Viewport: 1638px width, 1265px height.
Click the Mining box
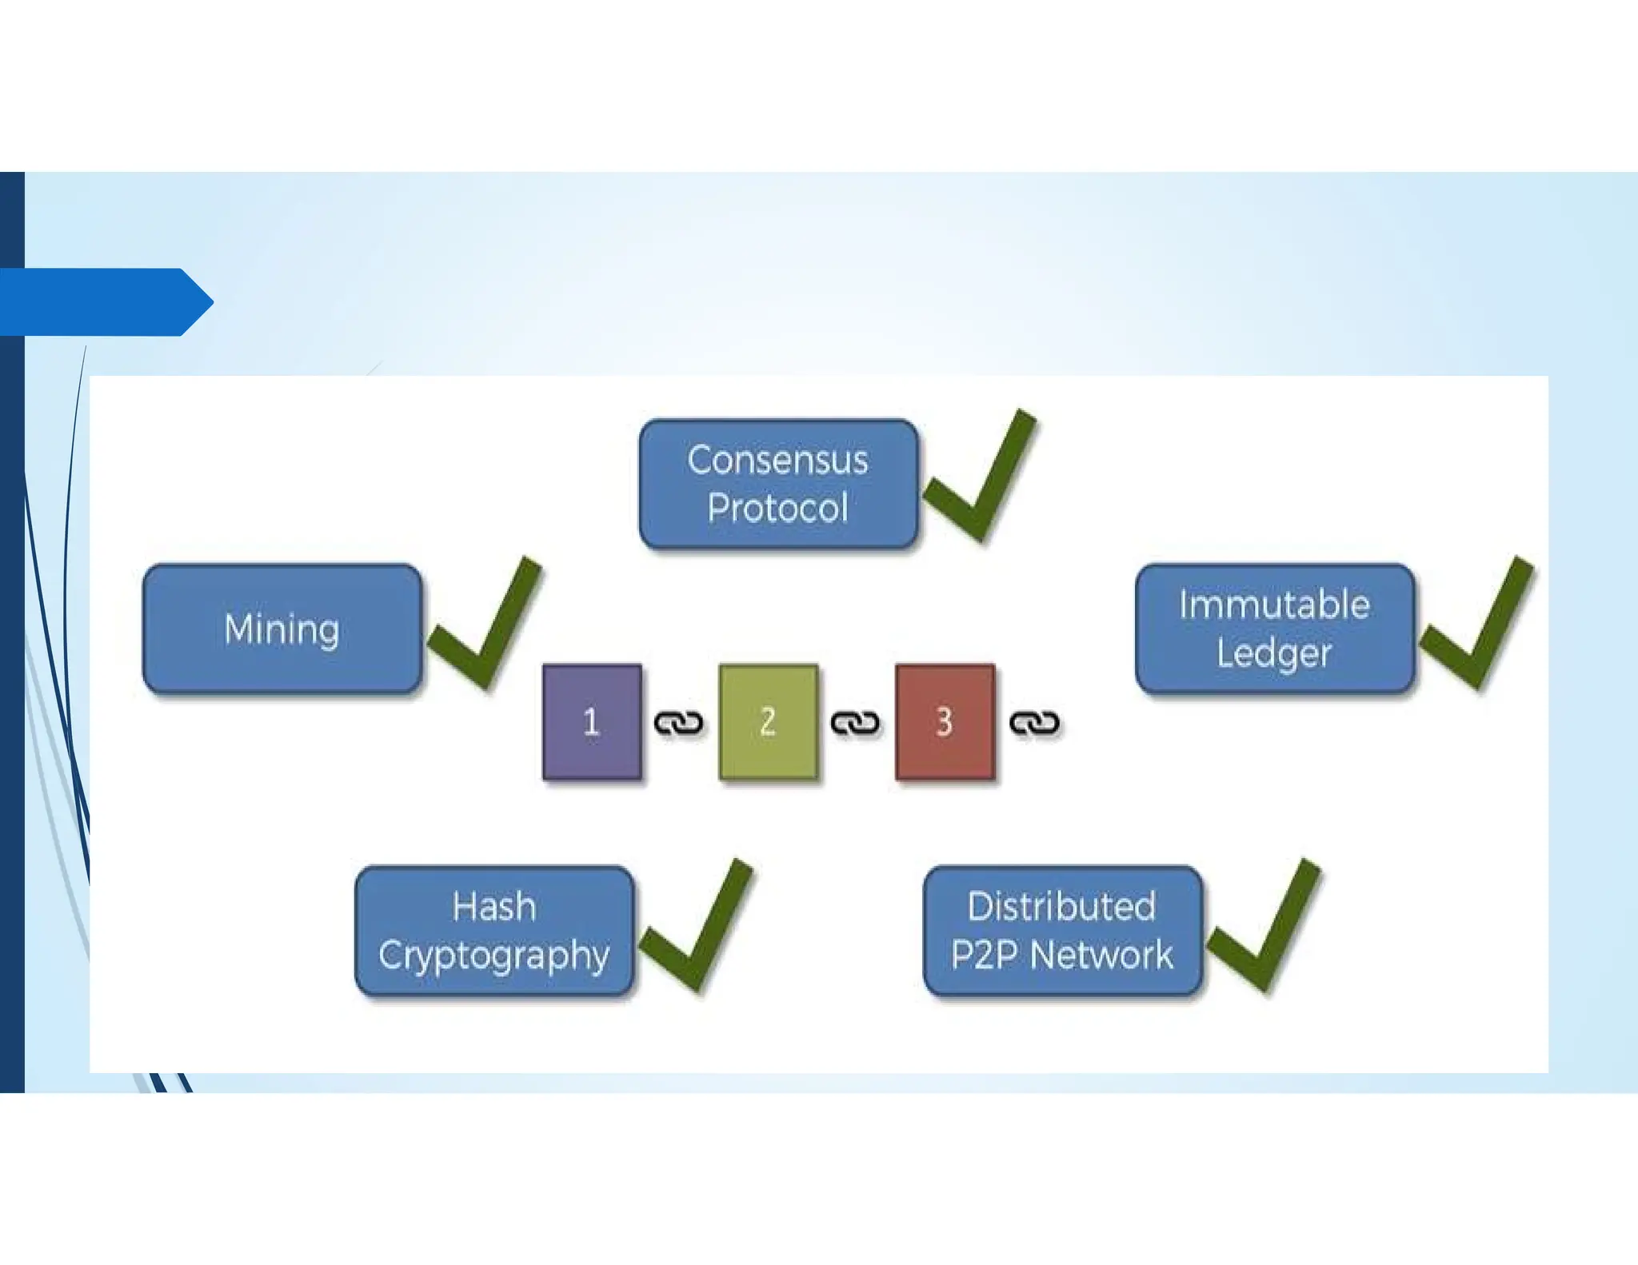click(282, 629)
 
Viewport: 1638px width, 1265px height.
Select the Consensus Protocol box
click(778, 484)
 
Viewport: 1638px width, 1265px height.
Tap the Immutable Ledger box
click(1275, 629)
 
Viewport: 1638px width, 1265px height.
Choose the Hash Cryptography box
click(494, 931)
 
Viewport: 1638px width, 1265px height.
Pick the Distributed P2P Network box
click(1062, 931)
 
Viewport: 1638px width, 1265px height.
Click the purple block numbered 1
click(592, 721)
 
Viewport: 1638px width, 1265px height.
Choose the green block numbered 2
click(768, 721)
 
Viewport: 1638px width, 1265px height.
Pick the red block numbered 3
click(945, 721)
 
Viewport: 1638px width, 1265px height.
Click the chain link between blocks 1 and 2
click(679, 723)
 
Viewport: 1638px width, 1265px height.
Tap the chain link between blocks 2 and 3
click(856, 723)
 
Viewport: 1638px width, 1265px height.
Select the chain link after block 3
click(1034, 723)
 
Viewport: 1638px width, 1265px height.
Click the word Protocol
click(778, 509)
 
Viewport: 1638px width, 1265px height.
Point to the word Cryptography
click(494, 956)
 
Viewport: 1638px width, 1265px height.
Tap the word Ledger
click(1275, 653)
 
